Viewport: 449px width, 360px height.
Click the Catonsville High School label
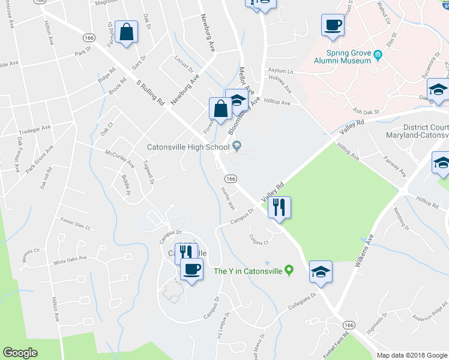[189, 147]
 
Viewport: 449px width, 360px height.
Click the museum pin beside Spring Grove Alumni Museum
[378, 56]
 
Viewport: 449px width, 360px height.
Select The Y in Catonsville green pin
[289, 271]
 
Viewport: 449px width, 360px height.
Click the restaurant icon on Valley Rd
[279, 208]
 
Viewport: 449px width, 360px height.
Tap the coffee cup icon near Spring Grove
[333, 26]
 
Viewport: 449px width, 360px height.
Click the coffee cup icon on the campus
[191, 269]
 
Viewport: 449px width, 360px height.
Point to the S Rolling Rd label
[150, 94]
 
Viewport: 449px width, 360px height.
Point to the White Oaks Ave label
[70, 260]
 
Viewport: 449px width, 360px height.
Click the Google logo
[20, 353]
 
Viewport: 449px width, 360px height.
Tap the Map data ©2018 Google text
[411, 355]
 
